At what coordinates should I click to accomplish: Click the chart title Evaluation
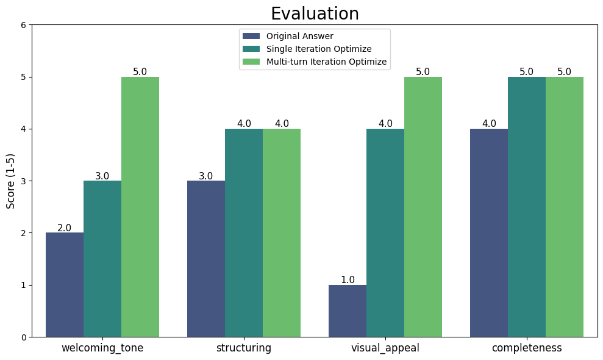click(x=315, y=13)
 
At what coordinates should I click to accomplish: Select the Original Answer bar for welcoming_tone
click(x=65, y=284)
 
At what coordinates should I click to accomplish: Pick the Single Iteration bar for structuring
click(x=244, y=232)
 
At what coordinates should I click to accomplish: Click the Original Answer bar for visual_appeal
click(x=348, y=311)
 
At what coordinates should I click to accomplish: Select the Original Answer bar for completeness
click(x=489, y=232)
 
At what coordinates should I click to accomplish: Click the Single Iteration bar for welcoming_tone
click(x=102, y=259)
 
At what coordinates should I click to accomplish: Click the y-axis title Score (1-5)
click(x=11, y=181)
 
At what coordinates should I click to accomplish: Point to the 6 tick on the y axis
click(x=23, y=25)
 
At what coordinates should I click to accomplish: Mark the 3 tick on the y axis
click(x=23, y=181)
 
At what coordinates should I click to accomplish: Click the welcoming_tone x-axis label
click(x=102, y=348)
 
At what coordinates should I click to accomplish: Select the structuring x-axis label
click(x=244, y=348)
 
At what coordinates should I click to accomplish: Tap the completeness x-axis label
click(x=527, y=348)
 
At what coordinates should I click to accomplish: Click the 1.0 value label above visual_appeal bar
click(x=348, y=280)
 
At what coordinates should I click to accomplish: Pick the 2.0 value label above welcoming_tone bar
click(x=65, y=228)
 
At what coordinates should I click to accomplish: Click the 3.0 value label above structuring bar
click(x=206, y=176)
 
